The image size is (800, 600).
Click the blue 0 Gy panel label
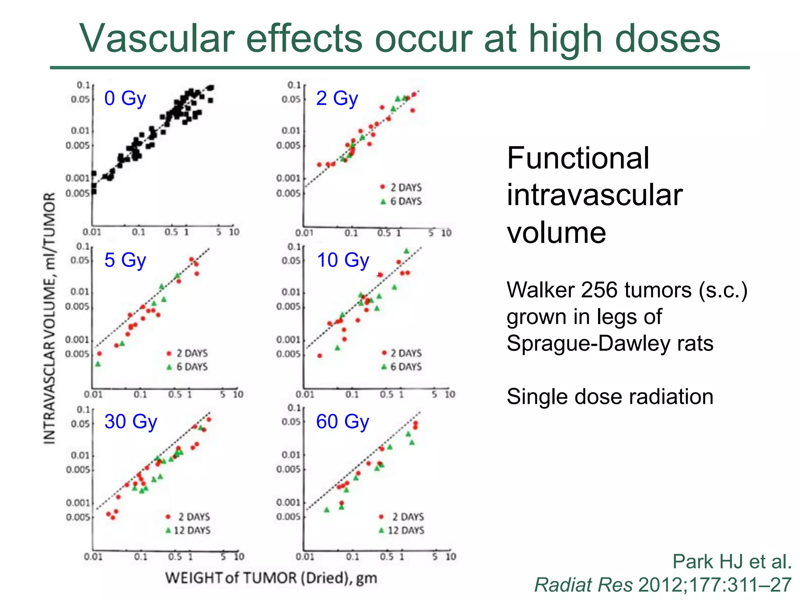[125, 98]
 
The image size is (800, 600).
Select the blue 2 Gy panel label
[337, 98]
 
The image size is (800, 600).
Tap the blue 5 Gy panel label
[125, 260]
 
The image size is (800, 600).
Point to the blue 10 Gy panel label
[343, 260]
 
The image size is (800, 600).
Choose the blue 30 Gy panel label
[130, 421]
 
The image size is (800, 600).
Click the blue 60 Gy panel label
[342, 421]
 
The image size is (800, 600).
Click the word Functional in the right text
[578, 158]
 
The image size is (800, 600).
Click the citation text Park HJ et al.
[732, 562]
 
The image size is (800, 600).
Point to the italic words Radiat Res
[583, 585]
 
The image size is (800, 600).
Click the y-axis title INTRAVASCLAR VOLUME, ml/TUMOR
[50, 318]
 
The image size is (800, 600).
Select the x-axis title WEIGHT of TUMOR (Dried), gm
[271, 578]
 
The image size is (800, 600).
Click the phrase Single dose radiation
[610, 396]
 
